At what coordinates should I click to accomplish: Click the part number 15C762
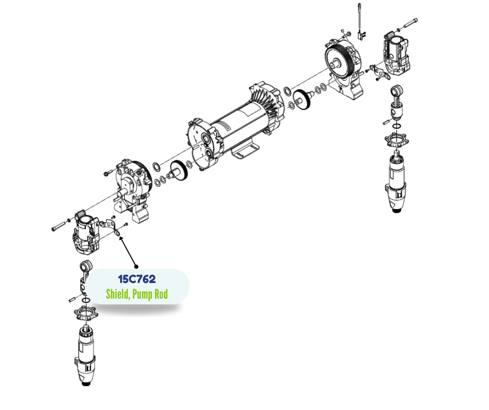click(137, 279)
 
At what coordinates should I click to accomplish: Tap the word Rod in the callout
click(161, 294)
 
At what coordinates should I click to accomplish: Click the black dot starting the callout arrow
click(136, 266)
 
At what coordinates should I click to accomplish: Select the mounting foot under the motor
click(245, 151)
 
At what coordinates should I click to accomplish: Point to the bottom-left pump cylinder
click(85, 356)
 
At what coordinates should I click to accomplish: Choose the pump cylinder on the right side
click(396, 181)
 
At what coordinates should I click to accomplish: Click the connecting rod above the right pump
click(396, 101)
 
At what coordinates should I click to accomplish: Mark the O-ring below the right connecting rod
click(397, 126)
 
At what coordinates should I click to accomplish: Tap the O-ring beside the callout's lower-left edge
click(86, 300)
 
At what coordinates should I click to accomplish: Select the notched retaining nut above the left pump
click(86, 313)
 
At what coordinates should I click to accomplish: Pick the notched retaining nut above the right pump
click(397, 140)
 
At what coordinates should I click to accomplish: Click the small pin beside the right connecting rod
click(386, 122)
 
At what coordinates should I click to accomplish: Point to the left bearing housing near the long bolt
click(86, 230)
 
